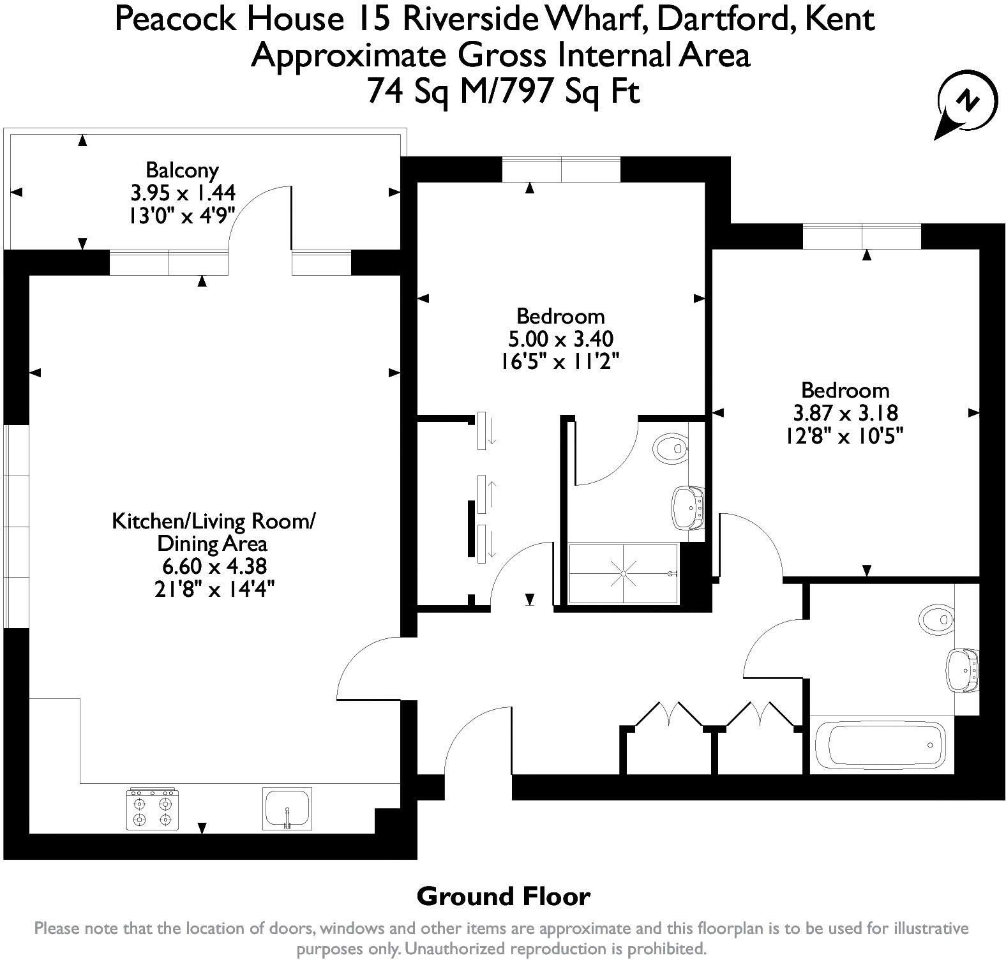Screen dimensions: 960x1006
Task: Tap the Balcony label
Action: pos(182,170)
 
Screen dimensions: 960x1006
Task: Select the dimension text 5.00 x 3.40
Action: pos(560,338)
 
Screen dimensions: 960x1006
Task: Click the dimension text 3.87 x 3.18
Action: pos(845,412)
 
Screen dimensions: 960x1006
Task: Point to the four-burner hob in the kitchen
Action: pos(153,809)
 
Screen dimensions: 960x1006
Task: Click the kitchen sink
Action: pos(287,809)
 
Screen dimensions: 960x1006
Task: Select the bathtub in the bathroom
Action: pos(880,745)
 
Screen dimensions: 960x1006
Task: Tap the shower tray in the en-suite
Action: pos(623,573)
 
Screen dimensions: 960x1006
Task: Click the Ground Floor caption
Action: pos(503,897)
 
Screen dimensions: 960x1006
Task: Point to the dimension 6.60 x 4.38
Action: pos(214,566)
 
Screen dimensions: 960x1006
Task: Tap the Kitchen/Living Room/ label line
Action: pos(214,521)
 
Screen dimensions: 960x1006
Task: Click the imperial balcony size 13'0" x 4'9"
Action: pos(182,214)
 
